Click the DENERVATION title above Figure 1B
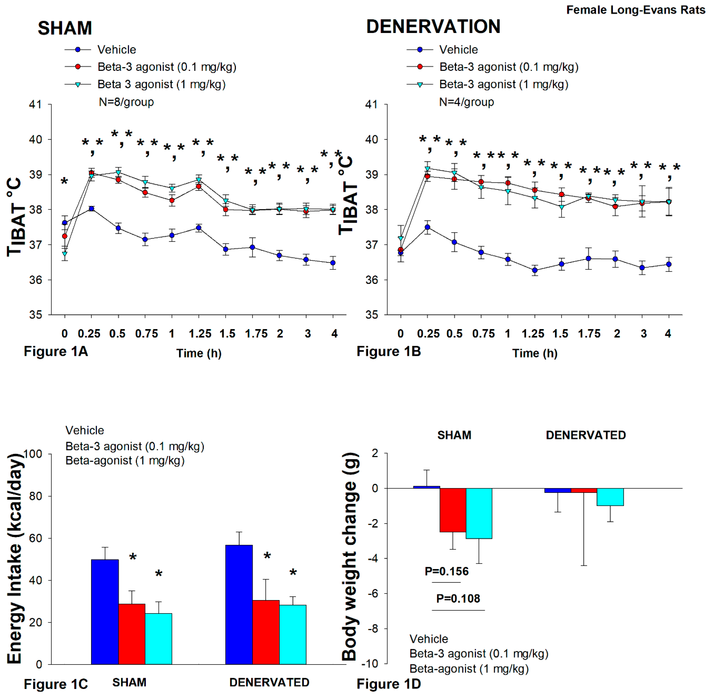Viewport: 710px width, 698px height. point(433,26)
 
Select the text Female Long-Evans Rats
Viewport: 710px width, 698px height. point(636,10)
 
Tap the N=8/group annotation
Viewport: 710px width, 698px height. point(126,102)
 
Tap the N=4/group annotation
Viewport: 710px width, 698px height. point(466,102)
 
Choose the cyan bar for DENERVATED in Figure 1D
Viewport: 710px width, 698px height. point(610,497)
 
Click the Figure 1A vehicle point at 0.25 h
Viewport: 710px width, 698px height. point(91,209)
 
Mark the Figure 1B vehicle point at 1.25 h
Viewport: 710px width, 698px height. point(535,270)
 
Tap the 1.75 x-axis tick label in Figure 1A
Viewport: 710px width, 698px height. point(256,334)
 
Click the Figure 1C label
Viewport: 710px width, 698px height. point(56,684)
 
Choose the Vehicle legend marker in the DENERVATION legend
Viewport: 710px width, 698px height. point(420,50)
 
